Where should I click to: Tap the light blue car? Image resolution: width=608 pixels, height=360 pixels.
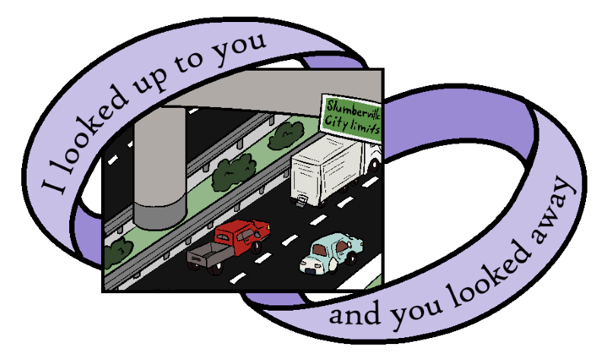331,252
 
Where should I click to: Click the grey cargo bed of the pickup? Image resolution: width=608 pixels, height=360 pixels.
207,254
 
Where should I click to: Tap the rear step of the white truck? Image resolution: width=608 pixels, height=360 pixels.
302,201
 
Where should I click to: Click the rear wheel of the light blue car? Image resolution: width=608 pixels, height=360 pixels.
351,259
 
